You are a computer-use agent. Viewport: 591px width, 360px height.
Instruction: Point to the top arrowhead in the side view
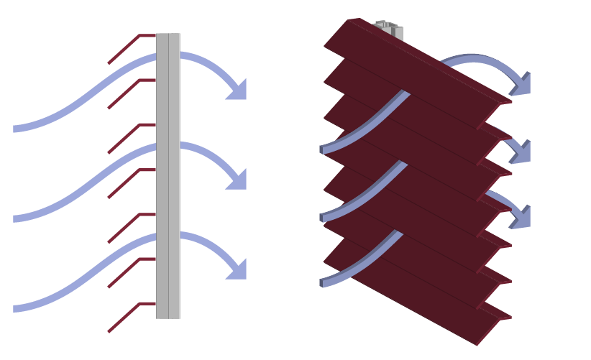click(237, 90)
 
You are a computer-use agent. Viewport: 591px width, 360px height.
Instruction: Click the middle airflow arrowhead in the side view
click(237, 180)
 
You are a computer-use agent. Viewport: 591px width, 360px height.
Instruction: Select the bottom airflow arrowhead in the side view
click(237, 269)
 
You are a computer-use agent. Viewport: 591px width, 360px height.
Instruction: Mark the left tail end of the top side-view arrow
click(16, 129)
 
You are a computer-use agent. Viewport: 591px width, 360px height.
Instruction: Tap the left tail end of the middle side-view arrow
click(16, 218)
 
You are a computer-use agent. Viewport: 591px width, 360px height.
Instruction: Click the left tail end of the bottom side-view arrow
click(16, 308)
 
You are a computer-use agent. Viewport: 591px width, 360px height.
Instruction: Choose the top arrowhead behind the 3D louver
click(521, 84)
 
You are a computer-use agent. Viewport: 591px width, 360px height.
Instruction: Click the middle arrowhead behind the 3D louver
click(521, 151)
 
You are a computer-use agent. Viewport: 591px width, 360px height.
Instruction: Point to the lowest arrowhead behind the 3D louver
click(521, 217)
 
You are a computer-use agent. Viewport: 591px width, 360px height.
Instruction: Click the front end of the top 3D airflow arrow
click(324, 149)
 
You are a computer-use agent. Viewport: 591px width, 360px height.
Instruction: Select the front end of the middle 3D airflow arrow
click(324, 217)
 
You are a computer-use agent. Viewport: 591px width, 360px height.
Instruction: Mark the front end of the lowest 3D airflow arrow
click(324, 282)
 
